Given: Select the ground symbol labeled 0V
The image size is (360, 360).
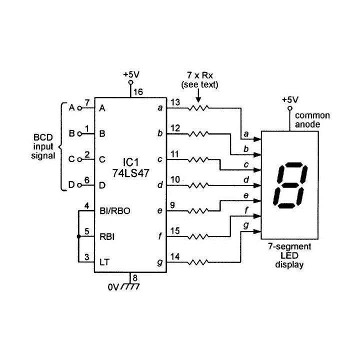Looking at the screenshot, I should pos(131,287).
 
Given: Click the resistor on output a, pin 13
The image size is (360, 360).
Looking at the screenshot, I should pos(199,107).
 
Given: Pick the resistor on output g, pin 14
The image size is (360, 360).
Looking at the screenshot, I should pos(199,261).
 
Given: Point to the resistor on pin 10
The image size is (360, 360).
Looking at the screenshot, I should pos(199,185).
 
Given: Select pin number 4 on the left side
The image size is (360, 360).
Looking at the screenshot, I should pos(87,205).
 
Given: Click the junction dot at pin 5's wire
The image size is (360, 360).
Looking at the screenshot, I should pos(78,236).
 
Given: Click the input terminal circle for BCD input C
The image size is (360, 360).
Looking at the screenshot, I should pos(79,160).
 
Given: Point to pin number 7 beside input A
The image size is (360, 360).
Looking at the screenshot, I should pos(87,102).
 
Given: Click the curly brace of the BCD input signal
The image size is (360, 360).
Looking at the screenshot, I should pos(61,147).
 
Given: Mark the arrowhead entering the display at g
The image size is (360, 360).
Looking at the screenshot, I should pos(257,231).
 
